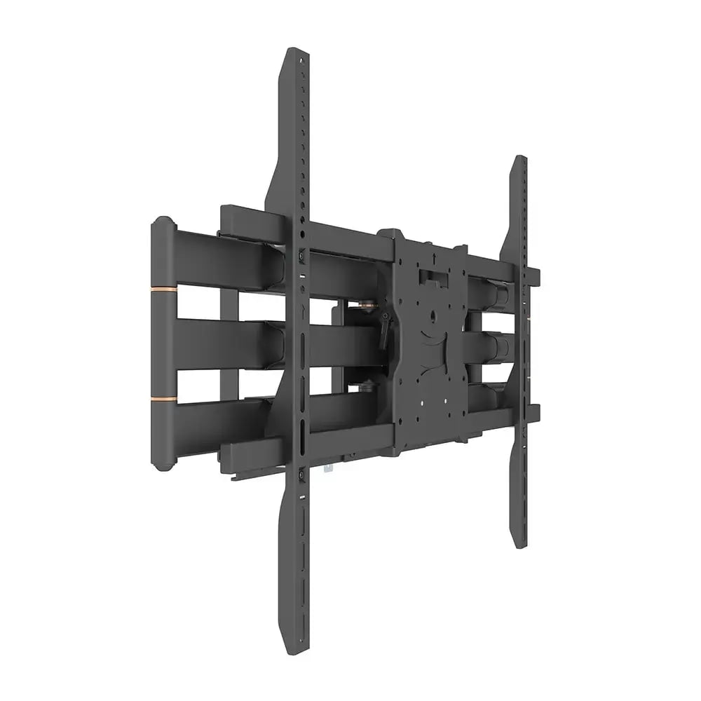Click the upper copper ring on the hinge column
click(x=163, y=288)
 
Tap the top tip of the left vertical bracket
click(x=298, y=53)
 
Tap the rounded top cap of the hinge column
click(x=162, y=222)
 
